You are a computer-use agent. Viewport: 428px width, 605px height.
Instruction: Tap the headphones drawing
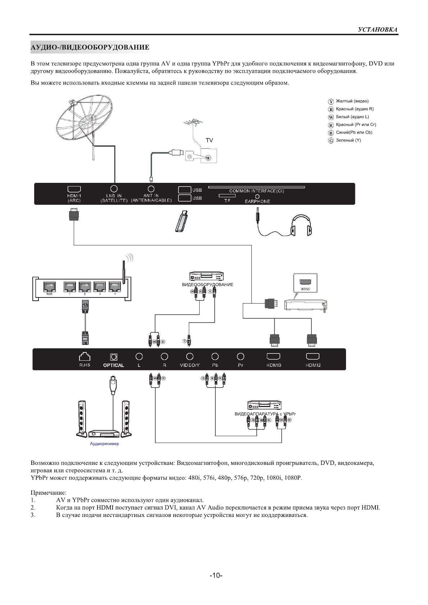tap(301, 225)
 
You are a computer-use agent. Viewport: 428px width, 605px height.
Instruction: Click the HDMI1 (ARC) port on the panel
tap(74, 189)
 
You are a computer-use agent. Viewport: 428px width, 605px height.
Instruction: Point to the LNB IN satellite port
tap(114, 189)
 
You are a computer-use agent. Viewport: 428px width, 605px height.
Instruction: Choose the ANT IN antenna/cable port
tap(151, 189)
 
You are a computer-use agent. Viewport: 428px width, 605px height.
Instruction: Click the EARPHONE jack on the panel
tap(257, 197)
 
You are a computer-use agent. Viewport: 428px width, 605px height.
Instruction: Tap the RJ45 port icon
tap(85, 356)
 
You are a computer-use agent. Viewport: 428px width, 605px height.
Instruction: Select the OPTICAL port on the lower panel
tap(114, 356)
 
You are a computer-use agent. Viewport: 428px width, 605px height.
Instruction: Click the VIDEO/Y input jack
tap(190, 356)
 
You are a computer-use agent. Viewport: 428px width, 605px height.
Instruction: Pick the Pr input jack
tap(241, 356)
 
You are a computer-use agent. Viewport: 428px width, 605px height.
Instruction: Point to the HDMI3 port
tap(274, 356)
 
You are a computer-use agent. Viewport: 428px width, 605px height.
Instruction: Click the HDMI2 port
tap(313, 356)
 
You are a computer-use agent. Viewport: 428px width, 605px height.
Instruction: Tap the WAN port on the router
tap(49, 287)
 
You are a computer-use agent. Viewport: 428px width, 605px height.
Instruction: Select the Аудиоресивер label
tap(104, 444)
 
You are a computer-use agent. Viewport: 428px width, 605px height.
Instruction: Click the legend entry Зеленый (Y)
tap(348, 140)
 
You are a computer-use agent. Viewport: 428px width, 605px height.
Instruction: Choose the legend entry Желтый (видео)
tap(352, 101)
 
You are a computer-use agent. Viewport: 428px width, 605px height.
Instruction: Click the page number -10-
tap(216, 576)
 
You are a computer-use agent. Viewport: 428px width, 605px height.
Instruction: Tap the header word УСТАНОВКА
tap(378, 30)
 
